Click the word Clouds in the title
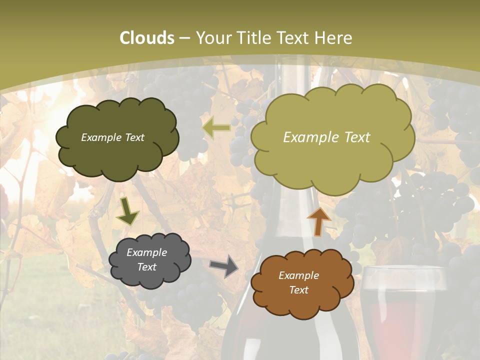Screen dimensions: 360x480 pyautogui.click(x=147, y=38)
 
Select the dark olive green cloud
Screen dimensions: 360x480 pyautogui.click(x=117, y=138)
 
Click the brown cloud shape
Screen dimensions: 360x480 pyautogui.click(x=298, y=283)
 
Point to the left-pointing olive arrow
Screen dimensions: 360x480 pyautogui.click(x=216, y=128)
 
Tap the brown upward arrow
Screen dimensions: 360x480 pyautogui.click(x=318, y=221)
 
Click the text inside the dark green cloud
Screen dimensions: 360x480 pyautogui.click(x=112, y=137)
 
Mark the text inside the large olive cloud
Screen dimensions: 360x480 pyautogui.click(x=326, y=137)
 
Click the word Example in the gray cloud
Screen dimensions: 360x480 pyautogui.click(x=146, y=252)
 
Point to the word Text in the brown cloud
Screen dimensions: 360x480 pyautogui.click(x=298, y=290)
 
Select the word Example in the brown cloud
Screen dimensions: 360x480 pyautogui.click(x=298, y=275)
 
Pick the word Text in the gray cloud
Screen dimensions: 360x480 pyautogui.click(x=146, y=267)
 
